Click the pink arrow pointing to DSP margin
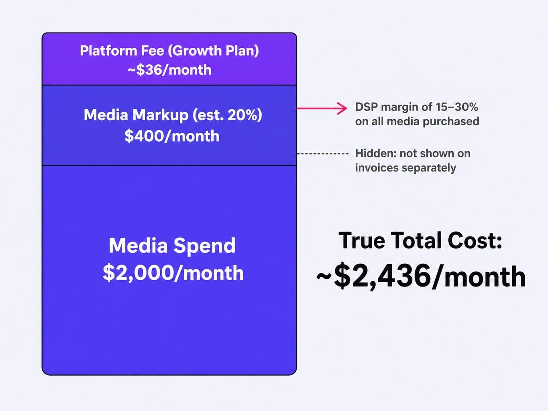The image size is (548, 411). [322, 108]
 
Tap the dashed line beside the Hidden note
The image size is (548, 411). [322, 153]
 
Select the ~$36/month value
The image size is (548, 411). [169, 70]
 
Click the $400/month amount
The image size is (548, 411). [172, 136]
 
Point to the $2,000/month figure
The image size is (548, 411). [173, 273]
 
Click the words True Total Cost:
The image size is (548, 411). [420, 240]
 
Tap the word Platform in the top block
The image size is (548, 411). [108, 51]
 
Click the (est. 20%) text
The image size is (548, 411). [228, 115]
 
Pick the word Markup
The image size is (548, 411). [160, 115]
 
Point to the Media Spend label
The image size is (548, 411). [172, 246]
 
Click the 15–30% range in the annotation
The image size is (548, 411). [457, 107]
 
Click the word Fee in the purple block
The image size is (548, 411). [153, 51]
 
